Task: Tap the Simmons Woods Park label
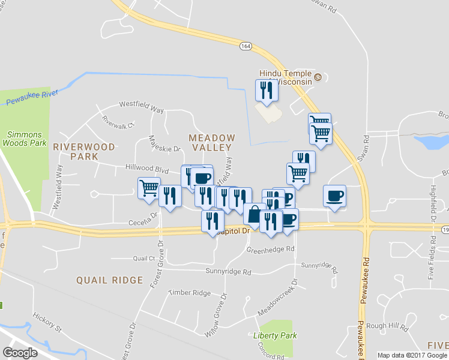(x=24, y=138)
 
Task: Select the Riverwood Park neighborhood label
(x=75, y=151)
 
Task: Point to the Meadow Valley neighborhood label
(x=212, y=142)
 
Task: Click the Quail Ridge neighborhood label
(x=109, y=280)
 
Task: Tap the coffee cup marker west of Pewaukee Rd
(x=334, y=195)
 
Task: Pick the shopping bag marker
(x=255, y=214)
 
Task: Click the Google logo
(x=20, y=353)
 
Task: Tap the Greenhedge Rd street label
(x=271, y=248)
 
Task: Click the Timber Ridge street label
(x=190, y=293)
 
